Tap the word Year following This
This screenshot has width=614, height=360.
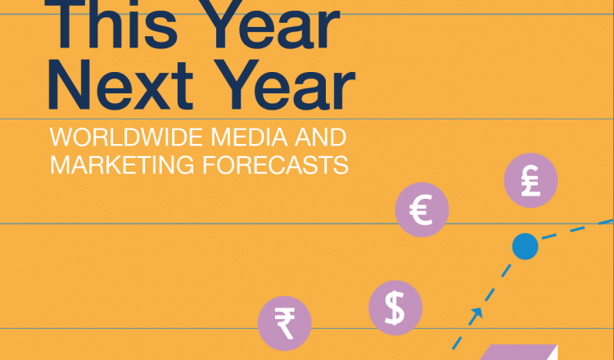(272, 25)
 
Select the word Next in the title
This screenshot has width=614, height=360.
(120, 84)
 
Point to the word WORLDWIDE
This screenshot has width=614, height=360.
(126, 137)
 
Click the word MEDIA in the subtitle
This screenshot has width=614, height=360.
(250, 137)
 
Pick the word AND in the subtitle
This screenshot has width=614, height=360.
(320, 137)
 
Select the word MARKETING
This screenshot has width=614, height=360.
(122, 164)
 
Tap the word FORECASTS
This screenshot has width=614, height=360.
(275, 164)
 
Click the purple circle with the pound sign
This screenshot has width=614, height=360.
(530, 180)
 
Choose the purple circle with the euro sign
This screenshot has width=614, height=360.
(422, 209)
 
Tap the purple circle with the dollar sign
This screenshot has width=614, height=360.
(395, 308)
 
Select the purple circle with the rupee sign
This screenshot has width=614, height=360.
(285, 324)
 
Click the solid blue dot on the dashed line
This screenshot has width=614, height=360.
(525, 246)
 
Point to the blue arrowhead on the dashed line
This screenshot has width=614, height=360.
(476, 313)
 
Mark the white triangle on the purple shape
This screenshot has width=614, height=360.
(552, 354)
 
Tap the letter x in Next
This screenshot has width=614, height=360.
(151, 91)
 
